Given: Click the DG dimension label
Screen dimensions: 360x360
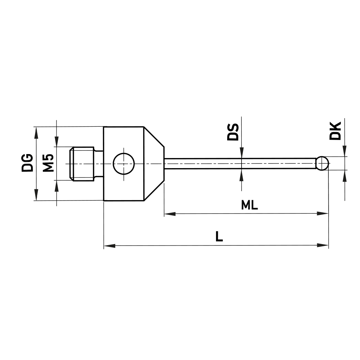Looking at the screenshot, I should [27, 163].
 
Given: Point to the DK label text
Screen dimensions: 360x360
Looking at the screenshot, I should [335, 131].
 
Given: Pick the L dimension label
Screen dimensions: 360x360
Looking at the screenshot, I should [219, 237].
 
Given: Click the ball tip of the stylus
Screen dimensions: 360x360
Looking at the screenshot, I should [322, 163].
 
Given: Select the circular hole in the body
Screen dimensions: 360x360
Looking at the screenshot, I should [123, 163].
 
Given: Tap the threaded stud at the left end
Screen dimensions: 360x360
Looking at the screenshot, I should [82, 163].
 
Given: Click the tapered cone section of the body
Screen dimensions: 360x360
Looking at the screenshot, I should [154, 163].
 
